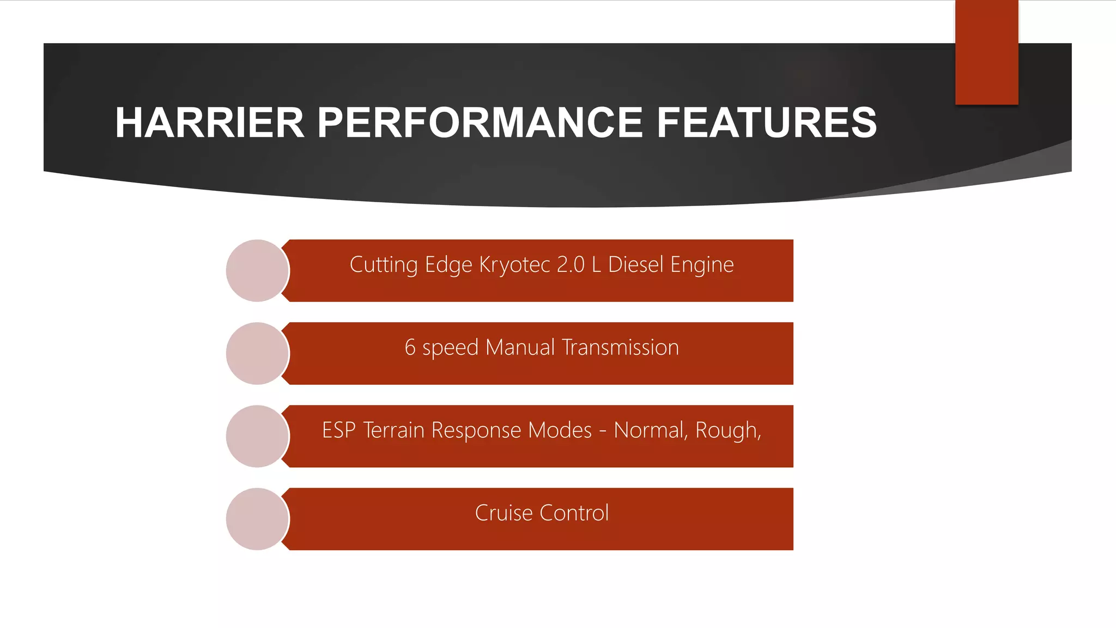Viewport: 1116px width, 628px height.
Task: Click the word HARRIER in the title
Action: click(x=209, y=123)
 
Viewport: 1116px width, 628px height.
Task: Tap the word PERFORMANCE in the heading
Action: click(x=480, y=123)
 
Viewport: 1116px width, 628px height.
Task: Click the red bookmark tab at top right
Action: click(x=986, y=52)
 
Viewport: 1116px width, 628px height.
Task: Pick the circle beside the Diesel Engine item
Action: click(x=257, y=271)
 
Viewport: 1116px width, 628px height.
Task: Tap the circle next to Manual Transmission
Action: click(x=257, y=354)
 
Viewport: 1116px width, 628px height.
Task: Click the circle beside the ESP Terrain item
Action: click(x=257, y=436)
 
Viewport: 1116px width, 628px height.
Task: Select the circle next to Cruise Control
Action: click(x=257, y=519)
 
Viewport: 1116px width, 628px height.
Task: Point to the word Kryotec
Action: click(x=514, y=265)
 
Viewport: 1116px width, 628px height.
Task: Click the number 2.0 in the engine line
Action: click(x=571, y=265)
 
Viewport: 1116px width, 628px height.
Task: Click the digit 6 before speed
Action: click(x=410, y=348)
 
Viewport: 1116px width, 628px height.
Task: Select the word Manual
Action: click(x=520, y=348)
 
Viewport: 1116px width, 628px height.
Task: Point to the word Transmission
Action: click(x=620, y=348)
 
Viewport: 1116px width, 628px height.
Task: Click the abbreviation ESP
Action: click(x=338, y=431)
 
